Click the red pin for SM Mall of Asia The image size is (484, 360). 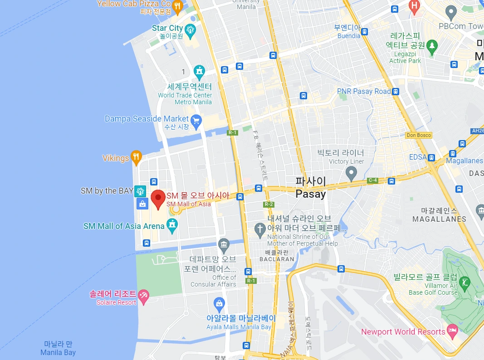pos(158,199)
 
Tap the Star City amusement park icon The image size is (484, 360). pos(190,29)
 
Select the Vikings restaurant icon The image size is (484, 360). pos(136,157)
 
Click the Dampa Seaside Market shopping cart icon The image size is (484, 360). pos(196,120)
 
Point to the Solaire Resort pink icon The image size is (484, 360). pos(143,297)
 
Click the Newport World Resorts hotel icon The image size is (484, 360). pos(452,331)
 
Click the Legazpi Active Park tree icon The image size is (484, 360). pos(432,45)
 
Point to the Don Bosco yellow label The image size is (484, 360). pos(419,135)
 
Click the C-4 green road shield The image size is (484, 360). pos(372,180)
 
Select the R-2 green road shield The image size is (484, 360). pos(269,204)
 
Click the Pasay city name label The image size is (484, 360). pos(311,188)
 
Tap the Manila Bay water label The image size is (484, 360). pos(58,348)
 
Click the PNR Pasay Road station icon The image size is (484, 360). pos(396,91)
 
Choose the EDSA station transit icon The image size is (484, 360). pos(432,157)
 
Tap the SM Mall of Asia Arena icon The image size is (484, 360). pos(172,224)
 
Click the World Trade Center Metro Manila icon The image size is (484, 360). pos(199,72)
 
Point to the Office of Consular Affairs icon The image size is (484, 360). pos(223,245)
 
